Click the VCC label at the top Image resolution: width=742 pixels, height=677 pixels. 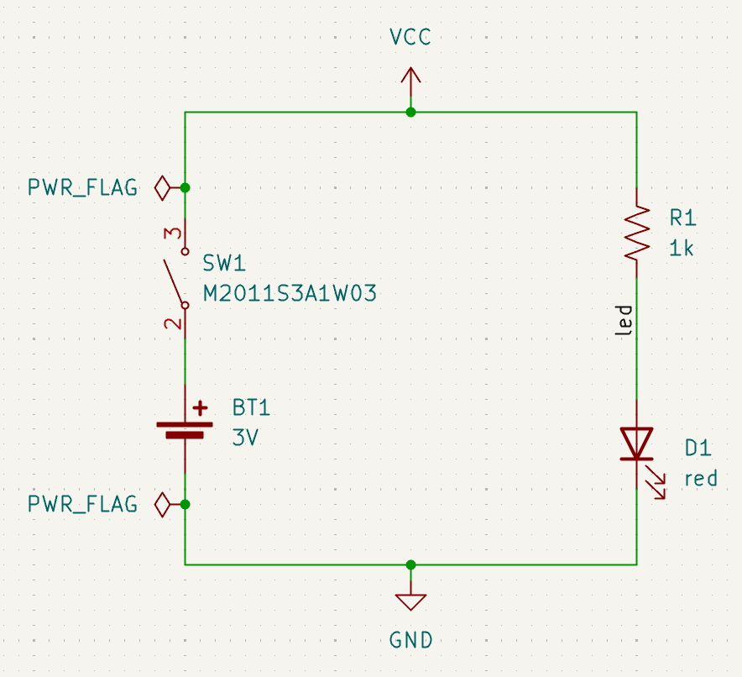(410, 37)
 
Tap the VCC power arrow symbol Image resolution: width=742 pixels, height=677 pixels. (410, 84)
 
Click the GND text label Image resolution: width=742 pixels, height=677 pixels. (410, 640)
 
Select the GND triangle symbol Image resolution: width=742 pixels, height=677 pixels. (410, 601)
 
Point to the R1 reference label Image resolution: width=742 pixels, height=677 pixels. (682, 218)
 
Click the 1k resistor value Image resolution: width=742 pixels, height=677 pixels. (682, 249)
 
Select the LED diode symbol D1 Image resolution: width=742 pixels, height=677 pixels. (637, 445)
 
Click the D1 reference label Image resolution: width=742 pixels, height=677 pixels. (698, 449)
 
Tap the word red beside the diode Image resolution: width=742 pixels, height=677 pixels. (701, 479)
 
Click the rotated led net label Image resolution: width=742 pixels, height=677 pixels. (624, 322)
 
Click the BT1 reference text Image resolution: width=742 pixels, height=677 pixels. (252, 408)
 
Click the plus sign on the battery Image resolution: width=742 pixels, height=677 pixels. (200, 408)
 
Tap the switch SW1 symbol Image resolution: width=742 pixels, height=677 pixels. (177, 278)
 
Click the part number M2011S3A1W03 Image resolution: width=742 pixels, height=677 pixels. (290, 294)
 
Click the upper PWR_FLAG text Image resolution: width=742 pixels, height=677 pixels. (82, 187)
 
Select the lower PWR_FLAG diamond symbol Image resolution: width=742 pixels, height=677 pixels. (163, 505)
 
